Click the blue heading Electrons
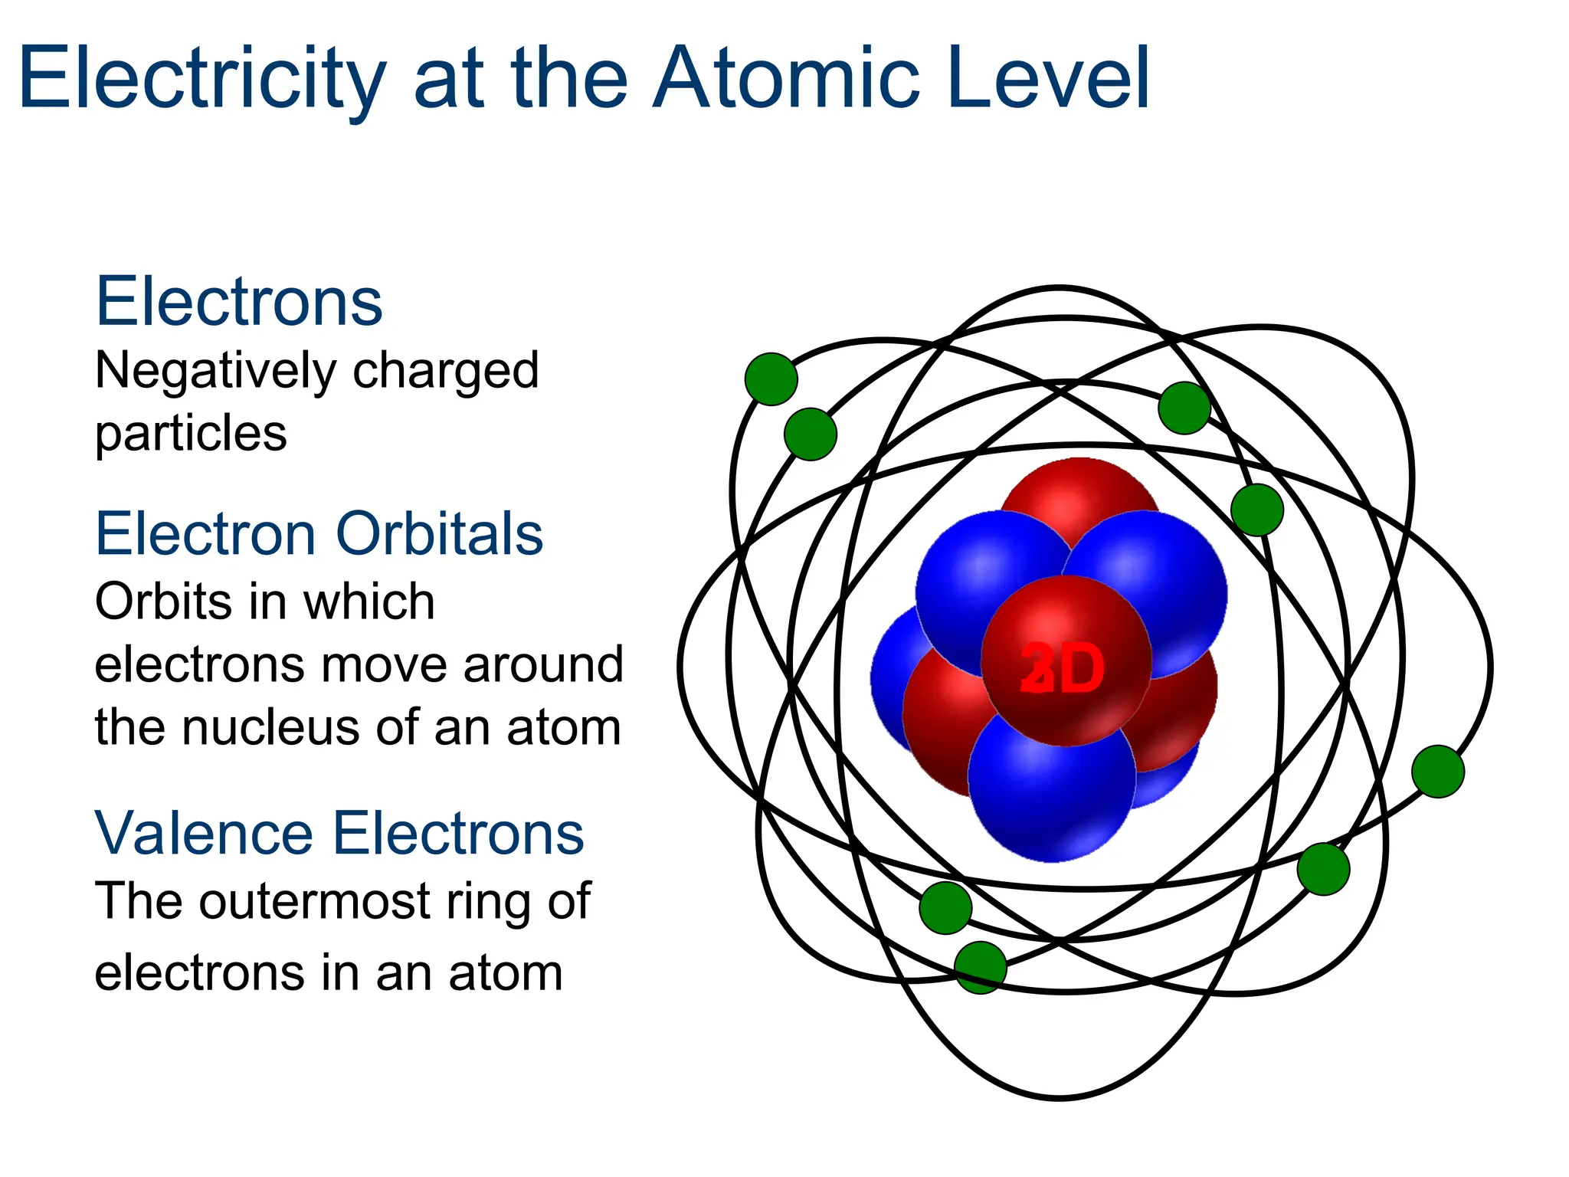pyautogui.click(x=239, y=302)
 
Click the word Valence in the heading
pyautogui.click(x=204, y=834)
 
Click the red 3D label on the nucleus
pyautogui.click(x=1063, y=669)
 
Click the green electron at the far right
pyautogui.click(x=1438, y=772)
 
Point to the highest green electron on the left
pyautogui.click(x=771, y=379)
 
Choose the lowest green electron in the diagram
pyautogui.click(x=981, y=968)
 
